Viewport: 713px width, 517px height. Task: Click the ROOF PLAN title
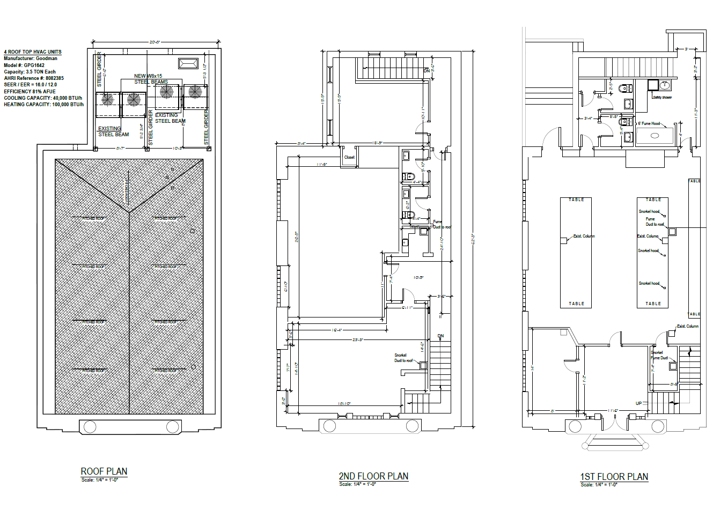(x=104, y=471)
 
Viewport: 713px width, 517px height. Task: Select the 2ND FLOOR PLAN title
(x=373, y=476)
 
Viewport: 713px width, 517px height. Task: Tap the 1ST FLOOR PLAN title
(x=614, y=477)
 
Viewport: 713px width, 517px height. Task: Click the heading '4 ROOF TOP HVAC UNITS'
(x=33, y=52)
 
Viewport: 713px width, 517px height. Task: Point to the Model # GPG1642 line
(x=24, y=65)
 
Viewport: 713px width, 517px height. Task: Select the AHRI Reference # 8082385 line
(x=34, y=78)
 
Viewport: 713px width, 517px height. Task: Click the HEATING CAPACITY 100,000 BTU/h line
(x=43, y=105)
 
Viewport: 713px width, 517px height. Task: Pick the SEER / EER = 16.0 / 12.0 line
(x=30, y=85)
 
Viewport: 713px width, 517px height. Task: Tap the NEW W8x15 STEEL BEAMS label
(x=150, y=79)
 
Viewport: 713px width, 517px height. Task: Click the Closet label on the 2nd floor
(x=349, y=157)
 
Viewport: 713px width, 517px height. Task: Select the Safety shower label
(x=662, y=98)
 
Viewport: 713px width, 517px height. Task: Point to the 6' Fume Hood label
(x=649, y=123)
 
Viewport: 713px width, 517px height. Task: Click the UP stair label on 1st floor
(x=638, y=403)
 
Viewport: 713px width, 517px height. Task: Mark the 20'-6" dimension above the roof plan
(x=155, y=42)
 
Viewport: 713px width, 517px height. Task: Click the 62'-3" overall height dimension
(x=473, y=239)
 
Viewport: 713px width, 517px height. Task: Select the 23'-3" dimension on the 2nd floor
(x=358, y=339)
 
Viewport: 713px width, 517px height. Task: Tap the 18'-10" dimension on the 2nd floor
(x=344, y=403)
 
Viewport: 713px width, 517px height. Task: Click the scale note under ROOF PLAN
(x=99, y=480)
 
